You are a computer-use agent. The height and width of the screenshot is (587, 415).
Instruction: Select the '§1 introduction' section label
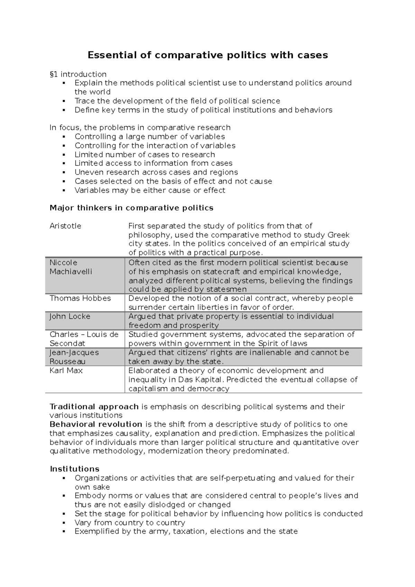coord(78,74)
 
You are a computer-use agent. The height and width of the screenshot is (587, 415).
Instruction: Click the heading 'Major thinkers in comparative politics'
coord(131,208)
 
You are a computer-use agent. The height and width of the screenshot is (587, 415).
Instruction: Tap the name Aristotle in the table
coord(65,226)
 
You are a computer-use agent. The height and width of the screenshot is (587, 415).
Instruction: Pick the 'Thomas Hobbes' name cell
coord(80,298)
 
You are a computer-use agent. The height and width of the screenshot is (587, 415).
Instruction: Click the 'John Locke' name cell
coord(70,316)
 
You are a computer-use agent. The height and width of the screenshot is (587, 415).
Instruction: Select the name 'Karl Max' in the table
coord(66,371)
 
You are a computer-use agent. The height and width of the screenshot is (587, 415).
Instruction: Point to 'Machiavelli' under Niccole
coord(71,272)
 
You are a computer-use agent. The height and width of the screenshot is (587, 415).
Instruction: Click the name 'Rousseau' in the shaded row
coord(67,362)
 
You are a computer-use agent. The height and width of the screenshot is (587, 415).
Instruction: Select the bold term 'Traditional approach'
coord(94,407)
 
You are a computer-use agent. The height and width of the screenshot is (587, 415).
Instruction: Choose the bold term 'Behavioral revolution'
coord(96,425)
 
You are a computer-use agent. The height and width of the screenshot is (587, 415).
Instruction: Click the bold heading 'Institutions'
coord(75,469)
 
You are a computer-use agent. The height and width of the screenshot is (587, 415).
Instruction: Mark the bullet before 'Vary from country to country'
coord(64,523)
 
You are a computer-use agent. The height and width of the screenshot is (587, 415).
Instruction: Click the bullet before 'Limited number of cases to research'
coord(64,155)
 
